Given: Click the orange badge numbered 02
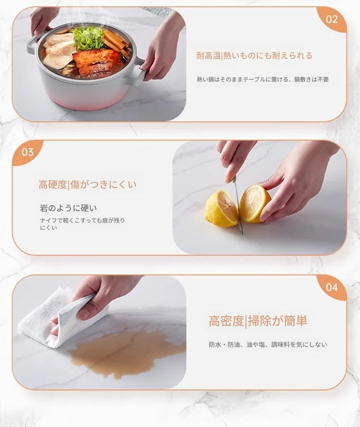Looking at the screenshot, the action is point(332,19).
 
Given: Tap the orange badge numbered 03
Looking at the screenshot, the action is point(27,152).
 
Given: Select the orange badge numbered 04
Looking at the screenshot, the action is point(332,287).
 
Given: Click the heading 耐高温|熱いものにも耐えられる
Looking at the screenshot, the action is point(254,56).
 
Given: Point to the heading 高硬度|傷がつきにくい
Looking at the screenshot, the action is point(87,185).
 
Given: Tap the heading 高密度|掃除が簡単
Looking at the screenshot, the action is point(258,321).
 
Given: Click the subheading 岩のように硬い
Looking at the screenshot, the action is point(68,208).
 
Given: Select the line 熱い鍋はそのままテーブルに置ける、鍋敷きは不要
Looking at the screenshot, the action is point(263,80).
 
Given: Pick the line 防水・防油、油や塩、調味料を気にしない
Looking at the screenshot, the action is point(268,344).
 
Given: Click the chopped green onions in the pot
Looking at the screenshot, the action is point(89,39).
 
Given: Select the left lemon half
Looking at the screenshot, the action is point(221,208).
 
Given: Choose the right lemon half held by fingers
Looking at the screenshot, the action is point(254,203).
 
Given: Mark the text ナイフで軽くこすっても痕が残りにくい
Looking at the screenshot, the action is point(82,224).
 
